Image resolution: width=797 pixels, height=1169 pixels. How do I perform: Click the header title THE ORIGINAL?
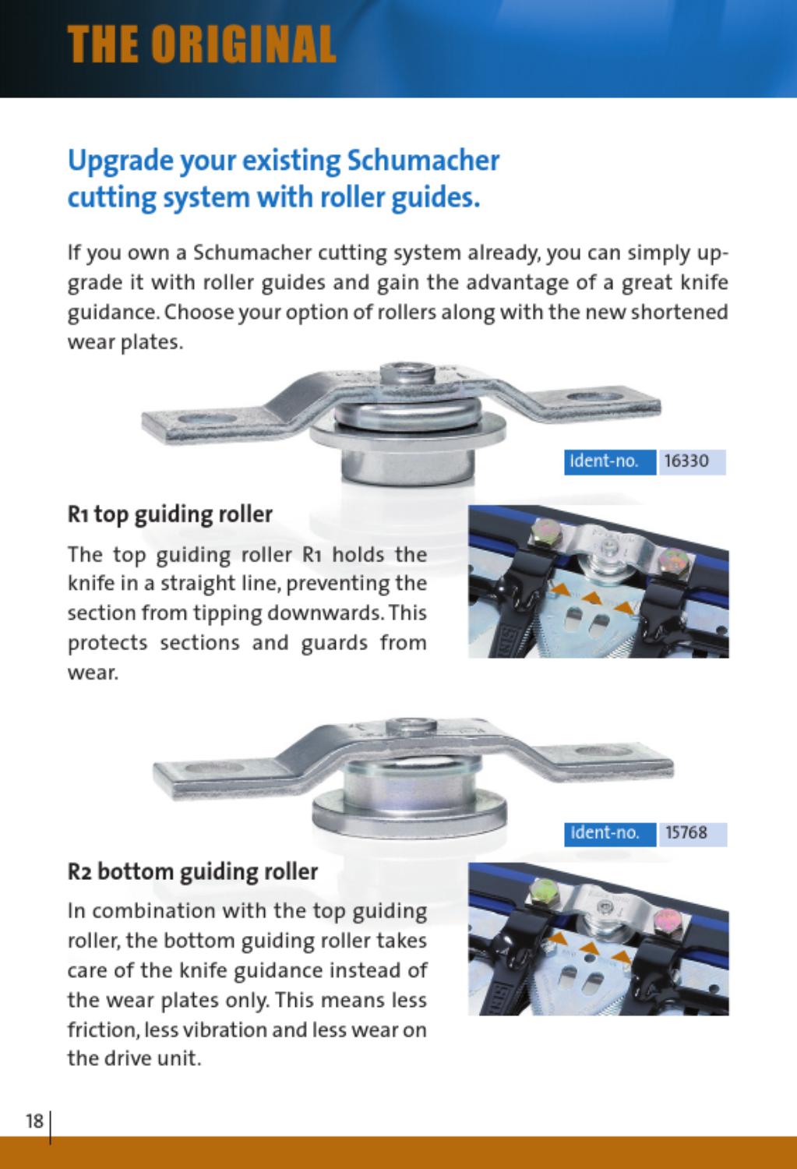point(201,44)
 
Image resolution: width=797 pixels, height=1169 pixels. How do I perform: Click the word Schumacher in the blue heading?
point(423,161)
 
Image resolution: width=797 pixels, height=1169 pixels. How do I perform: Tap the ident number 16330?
point(686,461)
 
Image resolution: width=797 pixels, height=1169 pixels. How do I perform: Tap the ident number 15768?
point(686,833)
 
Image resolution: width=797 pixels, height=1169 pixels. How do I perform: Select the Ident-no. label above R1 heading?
point(604,461)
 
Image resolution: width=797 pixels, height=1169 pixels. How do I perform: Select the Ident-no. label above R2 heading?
point(604,833)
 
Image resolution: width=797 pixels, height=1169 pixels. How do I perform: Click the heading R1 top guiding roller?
point(170,514)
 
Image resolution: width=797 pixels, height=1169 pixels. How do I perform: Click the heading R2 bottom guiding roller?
point(192,871)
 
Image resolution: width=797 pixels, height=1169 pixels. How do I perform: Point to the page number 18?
point(34,1121)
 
